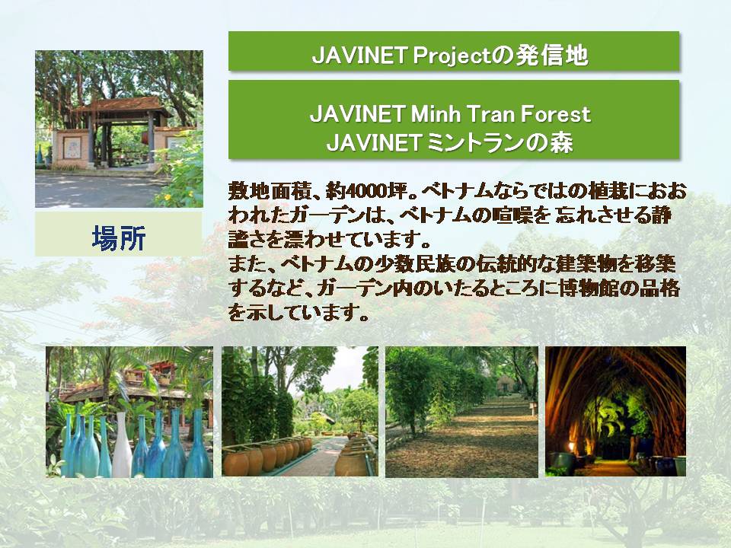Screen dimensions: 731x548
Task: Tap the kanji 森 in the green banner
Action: [561, 142]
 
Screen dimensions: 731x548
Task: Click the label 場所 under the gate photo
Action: [119, 238]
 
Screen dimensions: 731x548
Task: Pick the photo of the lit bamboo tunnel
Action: [615, 412]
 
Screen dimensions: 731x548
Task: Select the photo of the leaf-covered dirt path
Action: [461, 412]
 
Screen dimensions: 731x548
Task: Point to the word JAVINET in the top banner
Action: [359, 56]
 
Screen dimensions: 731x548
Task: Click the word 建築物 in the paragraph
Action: [589, 264]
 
